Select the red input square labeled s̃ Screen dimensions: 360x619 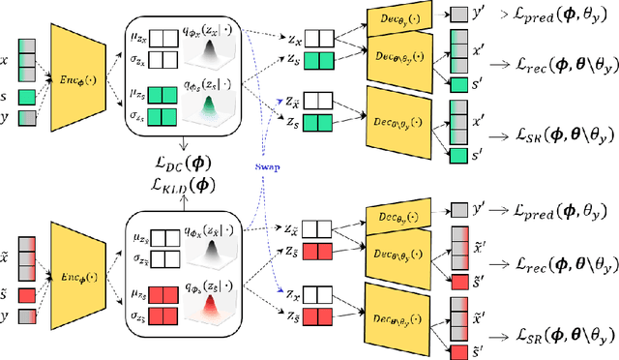29,293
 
